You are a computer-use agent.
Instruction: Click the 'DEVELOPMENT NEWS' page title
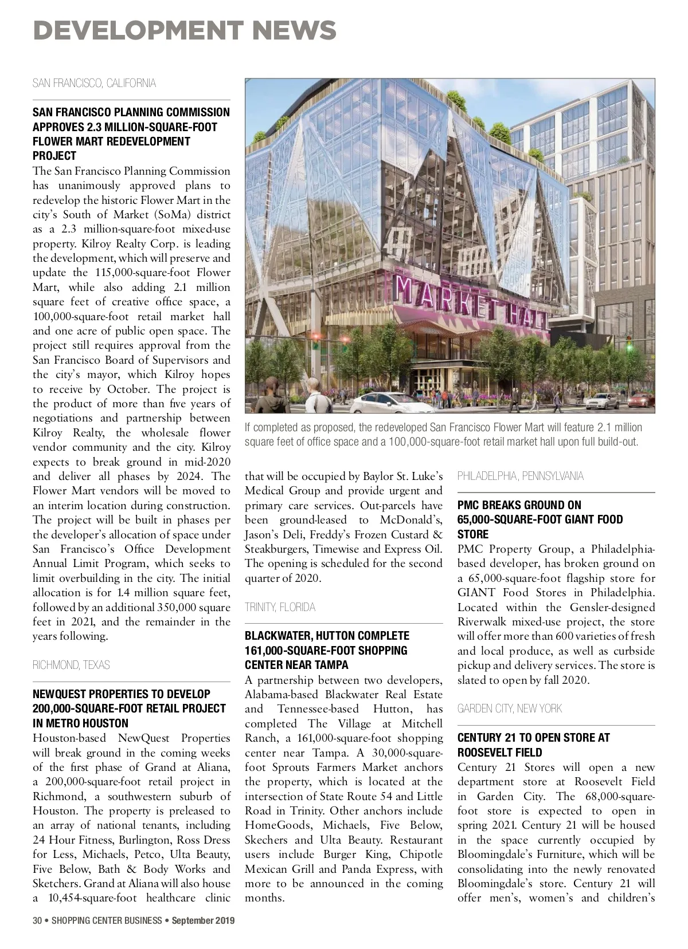(x=184, y=30)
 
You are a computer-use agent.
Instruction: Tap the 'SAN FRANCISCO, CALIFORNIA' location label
(x=94, y=84)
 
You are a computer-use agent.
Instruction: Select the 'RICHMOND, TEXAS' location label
(x=71, y=665)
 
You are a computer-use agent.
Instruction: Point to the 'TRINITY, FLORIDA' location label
(x=280, y=607)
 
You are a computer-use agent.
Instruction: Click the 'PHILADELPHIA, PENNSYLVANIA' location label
(x=520, y=476)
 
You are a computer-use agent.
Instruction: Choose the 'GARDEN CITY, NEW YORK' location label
(x=510, y=708)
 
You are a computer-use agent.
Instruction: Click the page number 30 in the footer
(x=37, y=921)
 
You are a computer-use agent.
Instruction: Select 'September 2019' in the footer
(x=203, y=921)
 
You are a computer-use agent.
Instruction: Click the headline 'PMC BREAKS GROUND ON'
(x=519, y=505)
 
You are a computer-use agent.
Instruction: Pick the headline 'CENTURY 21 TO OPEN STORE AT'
(x=533, y=738)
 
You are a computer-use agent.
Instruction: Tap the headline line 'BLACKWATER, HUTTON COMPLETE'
(x=327, y=636)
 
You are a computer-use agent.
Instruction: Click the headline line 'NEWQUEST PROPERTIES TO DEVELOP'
(x=122, y=694)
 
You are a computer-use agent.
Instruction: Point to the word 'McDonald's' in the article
(x=411, y=520)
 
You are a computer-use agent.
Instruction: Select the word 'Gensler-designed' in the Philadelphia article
(x=612, y=607)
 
